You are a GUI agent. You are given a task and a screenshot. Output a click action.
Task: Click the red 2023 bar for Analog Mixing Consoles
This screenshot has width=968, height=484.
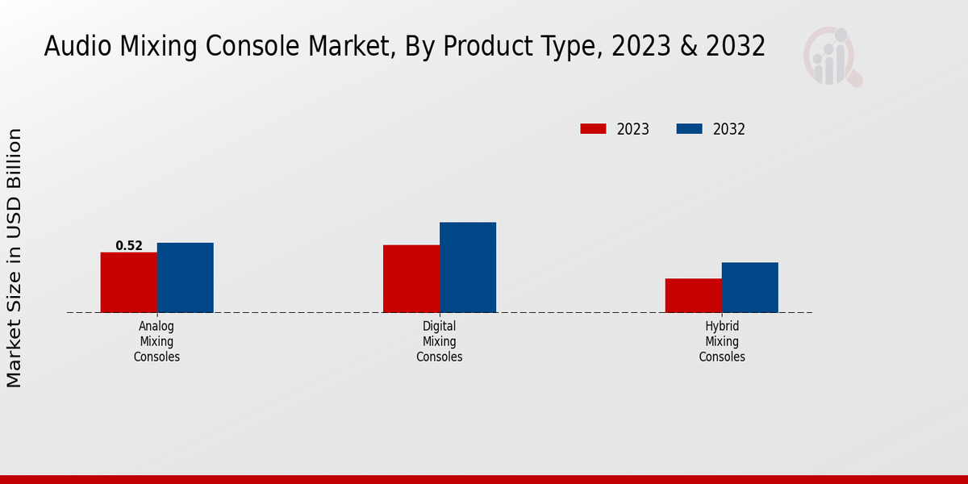click(128, 282)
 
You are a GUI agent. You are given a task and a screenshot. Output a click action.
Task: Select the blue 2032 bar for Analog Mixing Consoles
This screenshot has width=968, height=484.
click(185, 277)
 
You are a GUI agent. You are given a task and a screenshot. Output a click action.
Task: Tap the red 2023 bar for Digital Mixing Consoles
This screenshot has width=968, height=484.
click(411, 278)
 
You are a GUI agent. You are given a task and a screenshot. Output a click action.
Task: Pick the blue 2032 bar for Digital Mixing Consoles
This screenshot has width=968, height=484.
click(467, 267)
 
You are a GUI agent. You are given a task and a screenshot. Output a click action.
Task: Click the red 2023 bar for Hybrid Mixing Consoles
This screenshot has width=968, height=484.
click(693, 295)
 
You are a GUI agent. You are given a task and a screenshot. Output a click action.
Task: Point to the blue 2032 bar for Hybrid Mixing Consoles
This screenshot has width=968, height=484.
click(749, 287)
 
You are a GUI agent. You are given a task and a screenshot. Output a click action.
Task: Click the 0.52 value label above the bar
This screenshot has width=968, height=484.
click(129, 245)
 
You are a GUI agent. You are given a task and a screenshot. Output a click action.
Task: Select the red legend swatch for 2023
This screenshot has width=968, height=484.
click(593, 129)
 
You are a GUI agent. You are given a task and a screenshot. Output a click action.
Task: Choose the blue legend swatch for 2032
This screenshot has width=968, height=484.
click(689, 129)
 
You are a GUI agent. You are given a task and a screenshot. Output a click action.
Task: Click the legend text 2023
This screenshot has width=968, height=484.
click(633, 129)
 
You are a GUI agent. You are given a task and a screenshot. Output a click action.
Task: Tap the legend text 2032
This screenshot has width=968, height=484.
click(729, 129)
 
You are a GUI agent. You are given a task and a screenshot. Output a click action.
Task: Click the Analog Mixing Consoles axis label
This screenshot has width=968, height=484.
click(156, 341)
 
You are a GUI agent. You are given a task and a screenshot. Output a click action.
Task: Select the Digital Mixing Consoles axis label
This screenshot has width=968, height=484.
click(439, 341)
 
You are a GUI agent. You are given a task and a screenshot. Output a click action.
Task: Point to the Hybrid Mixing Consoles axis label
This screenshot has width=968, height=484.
click(721, 341)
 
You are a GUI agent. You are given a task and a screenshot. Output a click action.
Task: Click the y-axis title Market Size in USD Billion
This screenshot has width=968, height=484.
click(15, 258)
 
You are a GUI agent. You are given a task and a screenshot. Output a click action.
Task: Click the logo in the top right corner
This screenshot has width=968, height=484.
click(832, 56)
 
